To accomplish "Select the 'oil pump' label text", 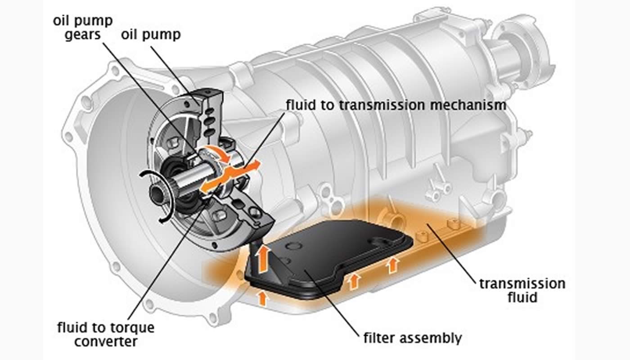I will pos(150,35).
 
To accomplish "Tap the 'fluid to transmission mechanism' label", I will pos(396,105).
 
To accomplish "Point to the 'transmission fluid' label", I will pos(522,290).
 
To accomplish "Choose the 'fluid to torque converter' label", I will pos(106,334).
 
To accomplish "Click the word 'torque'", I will pos(135,327).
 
